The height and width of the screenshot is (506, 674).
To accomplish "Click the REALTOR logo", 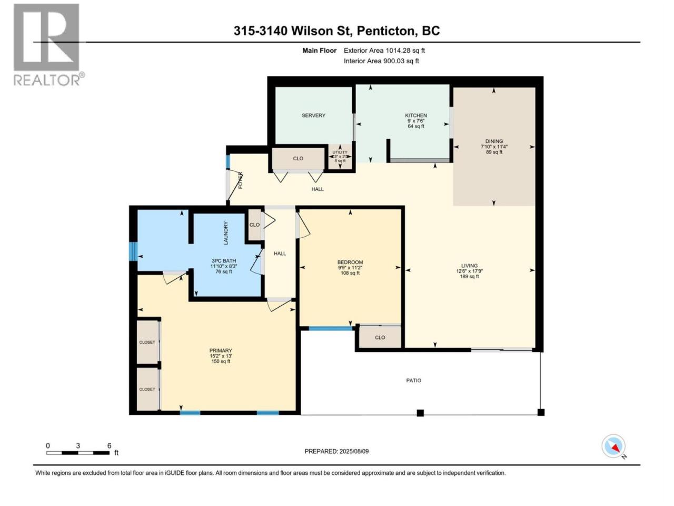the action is [x=49, y=45].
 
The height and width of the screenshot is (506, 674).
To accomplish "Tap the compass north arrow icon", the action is [x=613, y=446].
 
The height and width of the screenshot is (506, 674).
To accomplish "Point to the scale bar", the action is [x=78, y=453].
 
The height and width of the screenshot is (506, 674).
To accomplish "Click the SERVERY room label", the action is [x=313, y=115].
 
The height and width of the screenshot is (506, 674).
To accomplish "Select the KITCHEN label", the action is [x=416, y=115].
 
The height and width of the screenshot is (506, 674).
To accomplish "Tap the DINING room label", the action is [x=494, y=141].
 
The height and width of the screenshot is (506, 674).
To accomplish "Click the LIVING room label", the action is [x=469, y=266].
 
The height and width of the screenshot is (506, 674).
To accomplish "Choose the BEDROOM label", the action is [x=350, y=262].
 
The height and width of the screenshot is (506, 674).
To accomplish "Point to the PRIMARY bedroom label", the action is [x=221, y=351].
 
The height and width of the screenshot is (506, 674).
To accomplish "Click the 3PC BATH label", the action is [x=224, y=261].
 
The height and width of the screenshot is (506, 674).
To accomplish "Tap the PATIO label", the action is [x=413, y=381].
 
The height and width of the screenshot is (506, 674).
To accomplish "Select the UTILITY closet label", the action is [x=340, y=152].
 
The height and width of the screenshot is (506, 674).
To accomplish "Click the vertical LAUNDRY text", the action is [x=226, y=233].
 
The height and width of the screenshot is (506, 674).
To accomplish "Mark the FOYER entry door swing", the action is [x=235, y=186].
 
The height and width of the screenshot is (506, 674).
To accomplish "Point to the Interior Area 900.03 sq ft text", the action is [x=381, y=61].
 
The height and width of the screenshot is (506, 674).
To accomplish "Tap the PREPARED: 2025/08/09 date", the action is [x=336, y=452].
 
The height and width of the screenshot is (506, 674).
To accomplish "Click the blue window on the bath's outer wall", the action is [x=133, y=251].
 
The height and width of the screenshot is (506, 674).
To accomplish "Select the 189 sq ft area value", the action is [x=469, y=277].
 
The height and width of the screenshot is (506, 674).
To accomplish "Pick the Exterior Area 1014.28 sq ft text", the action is [x=384, y=51].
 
